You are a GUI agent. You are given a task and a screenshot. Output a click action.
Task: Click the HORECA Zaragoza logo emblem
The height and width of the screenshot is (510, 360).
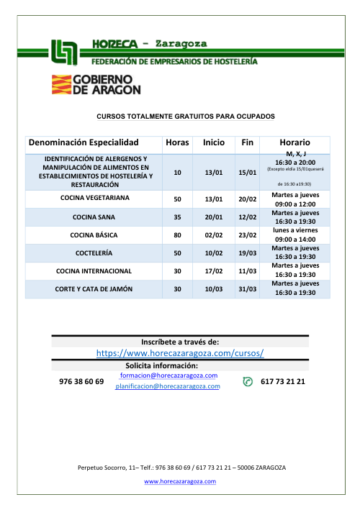(x=66, y=52)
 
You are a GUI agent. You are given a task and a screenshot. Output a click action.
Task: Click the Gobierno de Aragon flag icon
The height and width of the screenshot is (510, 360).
(x=60, y=85)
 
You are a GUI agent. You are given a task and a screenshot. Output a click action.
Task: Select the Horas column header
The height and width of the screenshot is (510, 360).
(x=177, y=142)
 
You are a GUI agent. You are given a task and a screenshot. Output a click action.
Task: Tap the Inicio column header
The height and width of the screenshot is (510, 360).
(x=213, y=142)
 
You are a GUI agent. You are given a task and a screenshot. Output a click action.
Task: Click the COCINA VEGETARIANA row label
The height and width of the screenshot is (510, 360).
(x=96, y=198)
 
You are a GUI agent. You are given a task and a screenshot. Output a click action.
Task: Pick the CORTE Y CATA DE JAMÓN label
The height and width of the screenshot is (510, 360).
(x=96, y=290)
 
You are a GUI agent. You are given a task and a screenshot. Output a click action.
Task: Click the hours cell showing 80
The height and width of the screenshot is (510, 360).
(x=177, y=234)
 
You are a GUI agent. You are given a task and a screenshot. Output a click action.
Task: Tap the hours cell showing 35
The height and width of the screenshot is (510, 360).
(x=177, y=217)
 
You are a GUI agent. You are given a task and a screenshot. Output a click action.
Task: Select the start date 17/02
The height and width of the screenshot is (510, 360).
(x=212, y=271)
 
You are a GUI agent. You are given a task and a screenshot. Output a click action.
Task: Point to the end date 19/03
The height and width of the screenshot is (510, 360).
(x=248, y=253)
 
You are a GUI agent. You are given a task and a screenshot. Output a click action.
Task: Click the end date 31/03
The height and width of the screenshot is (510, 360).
(x=248, y=290)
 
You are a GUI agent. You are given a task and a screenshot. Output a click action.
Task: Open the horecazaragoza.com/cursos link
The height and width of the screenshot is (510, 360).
(x=181, y=353)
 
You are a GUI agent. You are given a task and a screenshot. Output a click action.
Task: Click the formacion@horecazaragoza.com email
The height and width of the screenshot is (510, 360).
(x=170, y=375)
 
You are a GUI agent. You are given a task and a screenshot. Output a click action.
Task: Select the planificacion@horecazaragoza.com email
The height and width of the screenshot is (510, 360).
(x=168, y=386)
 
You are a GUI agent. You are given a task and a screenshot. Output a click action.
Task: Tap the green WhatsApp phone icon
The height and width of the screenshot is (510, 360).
(x=248, y=381)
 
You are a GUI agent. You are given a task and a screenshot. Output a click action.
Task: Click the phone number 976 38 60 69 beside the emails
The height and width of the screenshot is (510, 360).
(x=81, y=381)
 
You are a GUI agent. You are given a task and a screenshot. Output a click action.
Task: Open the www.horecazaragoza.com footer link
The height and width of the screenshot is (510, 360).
(x=181, y=482)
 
